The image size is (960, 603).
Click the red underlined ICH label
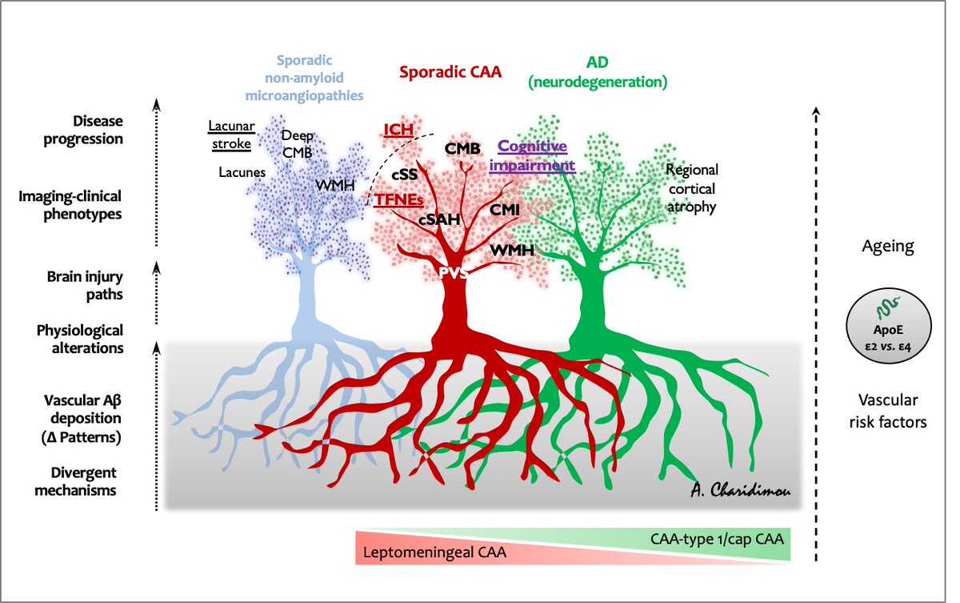398,130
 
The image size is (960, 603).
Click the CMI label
506,209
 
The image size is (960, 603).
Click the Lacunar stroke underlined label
230,135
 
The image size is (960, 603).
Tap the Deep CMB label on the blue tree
297,144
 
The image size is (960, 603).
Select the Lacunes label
242,171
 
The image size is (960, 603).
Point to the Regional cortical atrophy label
692,188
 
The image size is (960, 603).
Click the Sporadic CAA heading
449,72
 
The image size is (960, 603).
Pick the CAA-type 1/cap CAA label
716,538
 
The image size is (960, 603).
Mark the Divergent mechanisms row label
78,480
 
